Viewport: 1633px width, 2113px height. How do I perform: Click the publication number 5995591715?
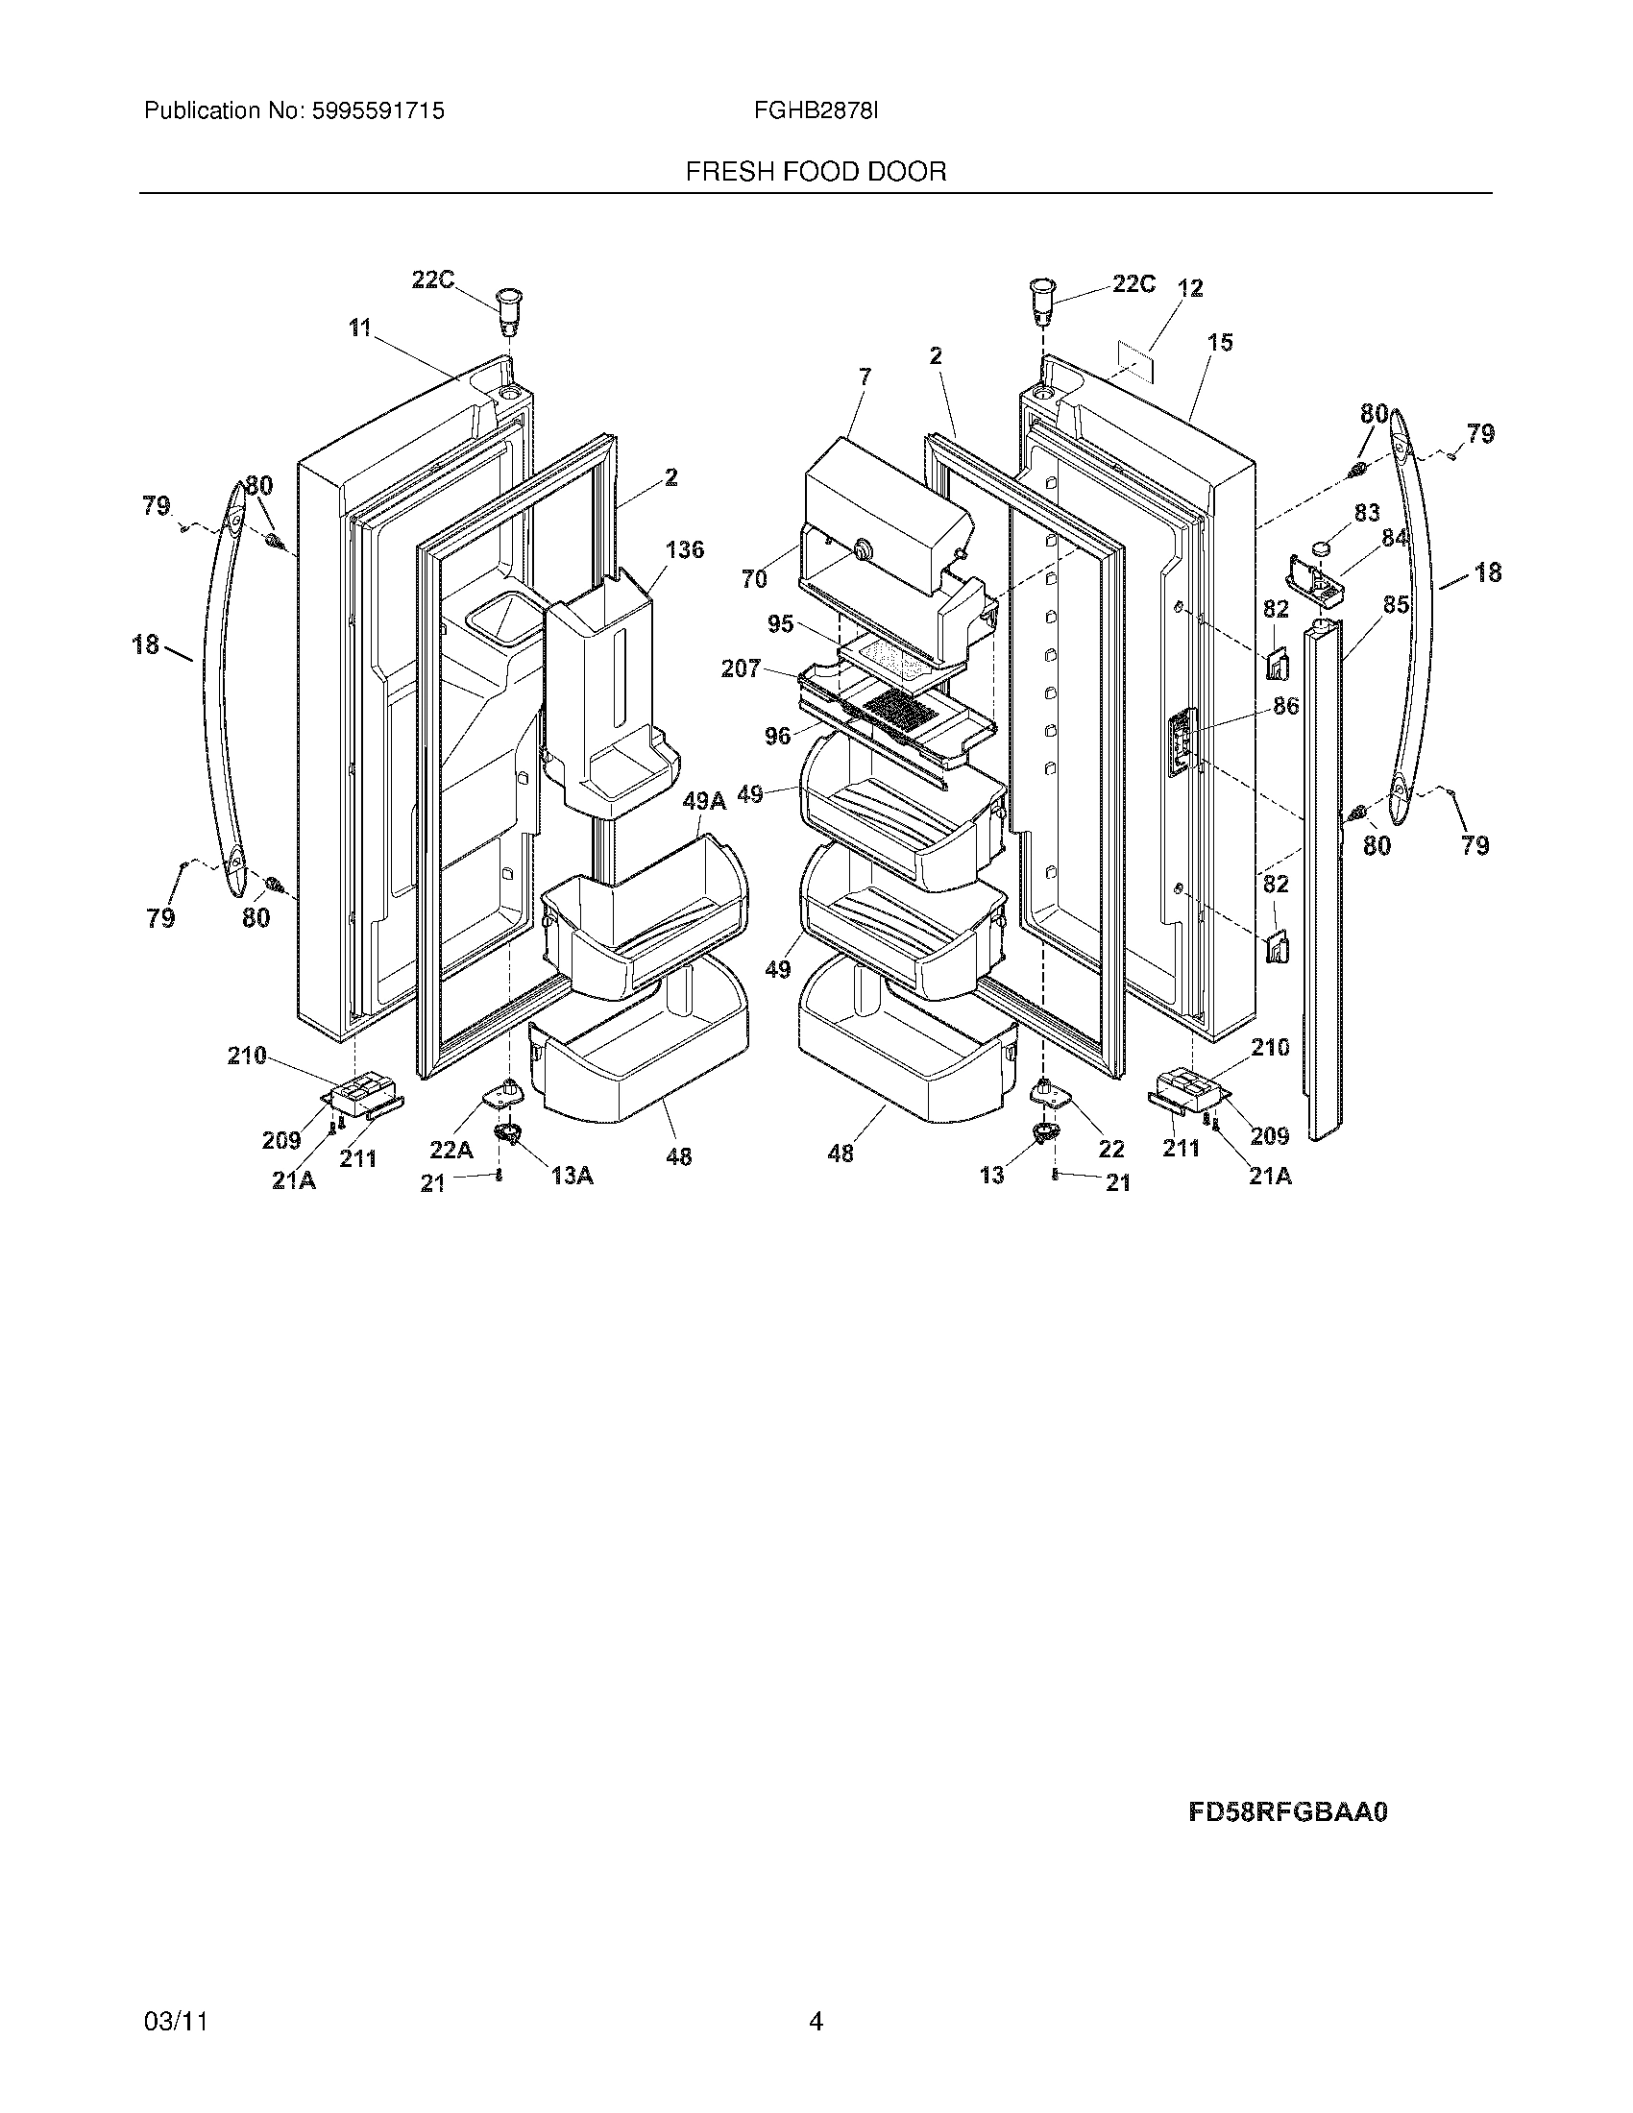(377, 111)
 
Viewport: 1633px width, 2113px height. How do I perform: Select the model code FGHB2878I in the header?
(816, 111)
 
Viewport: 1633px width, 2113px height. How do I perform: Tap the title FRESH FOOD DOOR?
(816, 172)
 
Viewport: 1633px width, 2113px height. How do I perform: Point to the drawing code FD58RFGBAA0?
(1287, 1812)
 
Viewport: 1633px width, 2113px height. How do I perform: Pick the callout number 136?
(685, 549)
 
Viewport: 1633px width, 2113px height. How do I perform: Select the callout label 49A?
(703, 801)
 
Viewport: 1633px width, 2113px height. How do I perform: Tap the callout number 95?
(780, 624)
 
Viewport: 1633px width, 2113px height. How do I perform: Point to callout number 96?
(777, 737)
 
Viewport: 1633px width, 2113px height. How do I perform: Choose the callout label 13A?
(572, 1175)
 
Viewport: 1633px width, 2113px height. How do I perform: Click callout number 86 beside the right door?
(1285, 706)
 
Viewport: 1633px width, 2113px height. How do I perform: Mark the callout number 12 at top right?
(1190, 288)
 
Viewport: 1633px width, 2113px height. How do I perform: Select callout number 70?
(754, 579)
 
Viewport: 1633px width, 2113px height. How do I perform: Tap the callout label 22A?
(451, 1150)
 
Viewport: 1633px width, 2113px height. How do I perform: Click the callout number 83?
(1366, 513)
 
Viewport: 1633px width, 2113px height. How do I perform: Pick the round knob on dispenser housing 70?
(858, 550)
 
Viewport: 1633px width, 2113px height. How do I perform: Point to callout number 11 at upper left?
(360, 328)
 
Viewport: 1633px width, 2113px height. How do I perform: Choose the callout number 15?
(1220, 342)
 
